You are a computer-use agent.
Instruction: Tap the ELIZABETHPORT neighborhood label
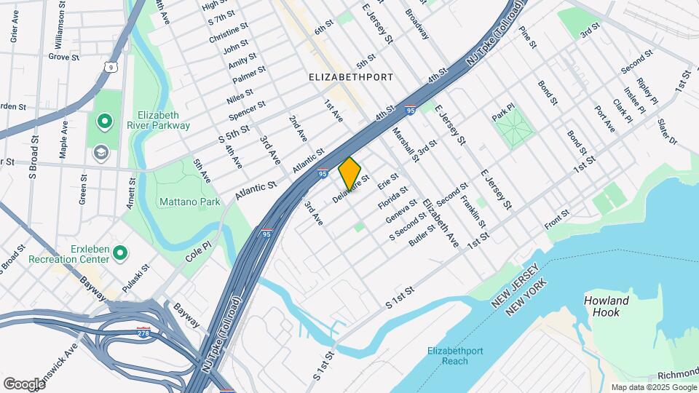point(351,76)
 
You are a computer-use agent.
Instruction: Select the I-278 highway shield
point(144,333)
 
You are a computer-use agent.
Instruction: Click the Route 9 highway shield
point(110,68)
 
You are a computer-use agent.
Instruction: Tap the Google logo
point(24,384)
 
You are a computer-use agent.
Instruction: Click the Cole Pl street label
point(197,250)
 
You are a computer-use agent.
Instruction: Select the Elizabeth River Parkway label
point(163,120)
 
